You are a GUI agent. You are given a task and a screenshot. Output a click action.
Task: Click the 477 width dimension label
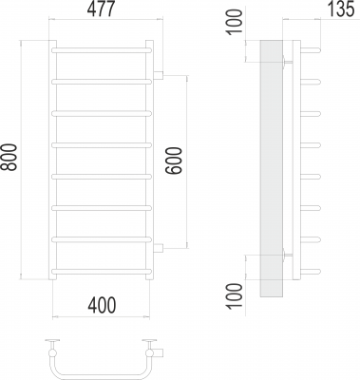click(x=100, y=10)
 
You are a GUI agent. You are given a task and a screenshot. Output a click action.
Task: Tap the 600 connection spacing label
click(x=174, y=161)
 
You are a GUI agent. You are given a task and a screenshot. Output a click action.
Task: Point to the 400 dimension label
click(x=102, y=305)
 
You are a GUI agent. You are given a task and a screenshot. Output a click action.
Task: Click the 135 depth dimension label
click(x=340, y=9)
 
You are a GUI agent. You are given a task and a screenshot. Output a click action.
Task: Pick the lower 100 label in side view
click(x=234, y=295)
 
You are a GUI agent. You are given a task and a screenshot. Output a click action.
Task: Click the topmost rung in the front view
click(x=102, y=50)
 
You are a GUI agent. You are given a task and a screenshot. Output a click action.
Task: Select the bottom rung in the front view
click(x=102, y=272)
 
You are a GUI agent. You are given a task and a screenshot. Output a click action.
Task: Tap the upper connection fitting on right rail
click(x=159, y=75)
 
